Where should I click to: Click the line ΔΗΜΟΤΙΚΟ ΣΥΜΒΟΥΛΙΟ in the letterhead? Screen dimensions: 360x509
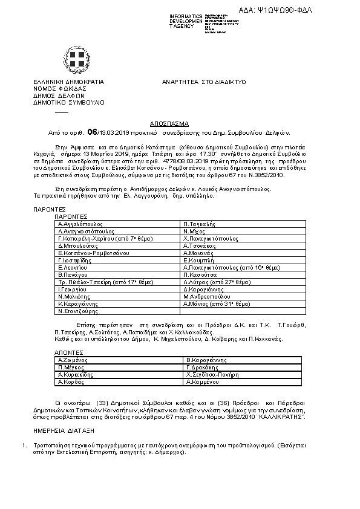(68, 102)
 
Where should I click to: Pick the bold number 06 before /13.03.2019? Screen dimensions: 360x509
(92, 131)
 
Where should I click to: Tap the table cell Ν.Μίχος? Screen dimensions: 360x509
(194, 231)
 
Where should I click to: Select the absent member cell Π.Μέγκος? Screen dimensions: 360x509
(70, 367)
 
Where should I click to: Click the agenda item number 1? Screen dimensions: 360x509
(23, 446)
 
